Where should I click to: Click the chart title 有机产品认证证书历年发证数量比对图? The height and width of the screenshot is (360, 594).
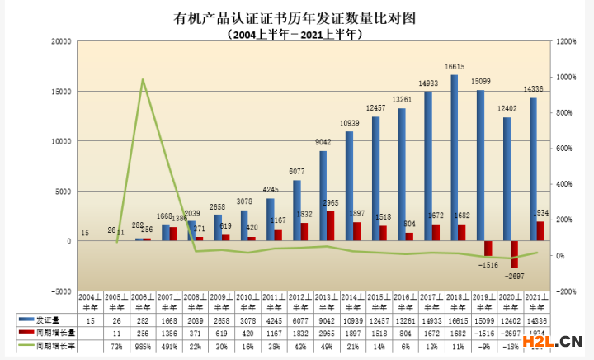[x=296, y=18]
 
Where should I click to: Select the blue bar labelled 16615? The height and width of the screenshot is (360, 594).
[x=455, y=157]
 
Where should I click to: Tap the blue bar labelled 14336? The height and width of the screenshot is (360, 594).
[x=533, y=169]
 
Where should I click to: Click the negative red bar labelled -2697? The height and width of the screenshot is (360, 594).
[x=515, y=254]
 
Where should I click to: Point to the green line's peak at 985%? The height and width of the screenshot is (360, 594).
[x=143, y=80]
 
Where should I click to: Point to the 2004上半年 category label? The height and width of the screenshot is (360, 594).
[x=90, y=300]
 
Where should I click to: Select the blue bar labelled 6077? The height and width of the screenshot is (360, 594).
[x=297, y=210]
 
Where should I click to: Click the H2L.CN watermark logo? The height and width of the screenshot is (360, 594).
[x=553, y=339]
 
